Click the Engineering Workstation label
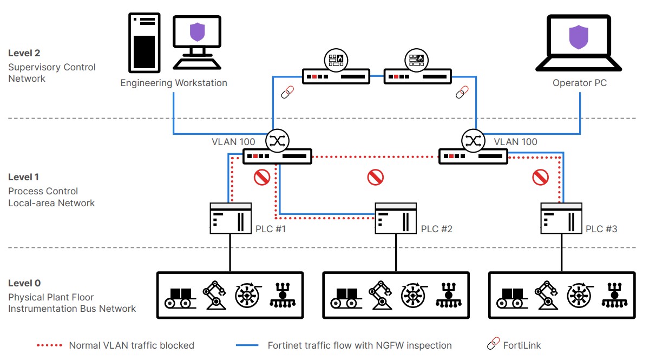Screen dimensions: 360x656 click(x=174, y=83)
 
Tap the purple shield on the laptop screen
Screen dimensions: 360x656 click(x=578, y=37)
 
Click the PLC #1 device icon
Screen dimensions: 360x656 click(x=231, y=218)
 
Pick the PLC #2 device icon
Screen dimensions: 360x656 click(x=396, y=218)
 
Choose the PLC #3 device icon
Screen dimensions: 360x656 click(x=561, y=218)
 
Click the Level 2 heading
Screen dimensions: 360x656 click(x=24, y=53)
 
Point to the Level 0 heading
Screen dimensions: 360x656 click(x=24, y=283)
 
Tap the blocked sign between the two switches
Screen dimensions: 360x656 click(x=375, y=177)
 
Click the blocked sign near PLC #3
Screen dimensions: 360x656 click(x=540, y=177)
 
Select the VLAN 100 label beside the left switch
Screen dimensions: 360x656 click(x=233, y=142)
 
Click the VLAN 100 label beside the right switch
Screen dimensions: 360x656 click(x=516, y=142)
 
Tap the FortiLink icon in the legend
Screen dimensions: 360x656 click(x=493, y=345)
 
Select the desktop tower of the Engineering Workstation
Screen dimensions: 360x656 click(x=144, y=42)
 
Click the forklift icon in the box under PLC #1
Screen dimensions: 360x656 click(x=180, y=297)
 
